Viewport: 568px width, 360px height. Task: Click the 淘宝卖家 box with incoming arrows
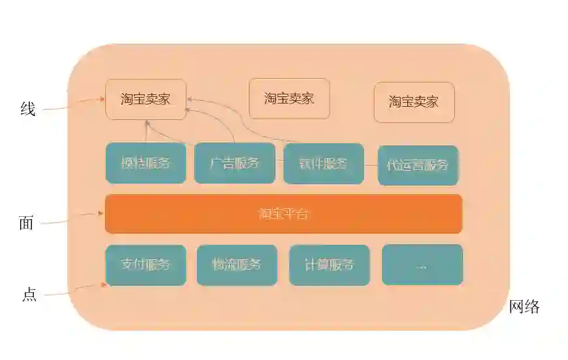[146, 99]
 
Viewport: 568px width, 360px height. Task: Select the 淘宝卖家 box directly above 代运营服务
[414, 102]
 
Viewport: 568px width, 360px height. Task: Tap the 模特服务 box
[146, 163]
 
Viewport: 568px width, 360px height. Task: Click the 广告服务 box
[234, 163]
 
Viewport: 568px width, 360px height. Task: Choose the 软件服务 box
[323, 163]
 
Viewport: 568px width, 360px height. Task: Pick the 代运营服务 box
[418, 165]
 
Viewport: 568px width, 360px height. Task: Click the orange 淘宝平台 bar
[283, 214]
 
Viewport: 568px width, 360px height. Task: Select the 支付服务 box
[146, 265]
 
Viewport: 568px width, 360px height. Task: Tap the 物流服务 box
[236, 265]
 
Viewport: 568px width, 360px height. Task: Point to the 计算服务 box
[329, 265]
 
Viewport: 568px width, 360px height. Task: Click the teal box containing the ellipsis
[422, 265]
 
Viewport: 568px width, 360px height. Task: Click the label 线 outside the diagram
[27, 109]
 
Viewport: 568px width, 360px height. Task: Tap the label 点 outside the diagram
[29, 294]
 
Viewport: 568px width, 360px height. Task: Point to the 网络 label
[524, 307]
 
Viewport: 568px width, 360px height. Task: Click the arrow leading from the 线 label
[72, 104]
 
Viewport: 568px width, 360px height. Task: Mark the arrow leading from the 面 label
[72, 218]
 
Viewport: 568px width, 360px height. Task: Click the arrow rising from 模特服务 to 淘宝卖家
[146, 132]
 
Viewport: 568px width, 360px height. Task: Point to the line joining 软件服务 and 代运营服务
[371, 165]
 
